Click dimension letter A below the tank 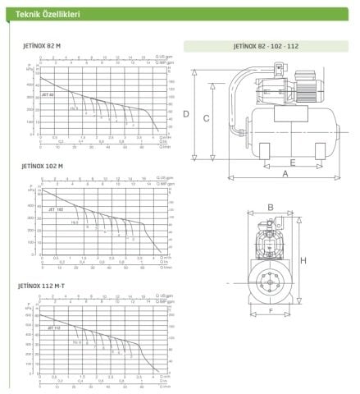[x=285, y=173]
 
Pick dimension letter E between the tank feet [x=292, y=163]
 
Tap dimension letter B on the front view [x=270, y=208]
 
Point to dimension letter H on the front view [x=303, y=260]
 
